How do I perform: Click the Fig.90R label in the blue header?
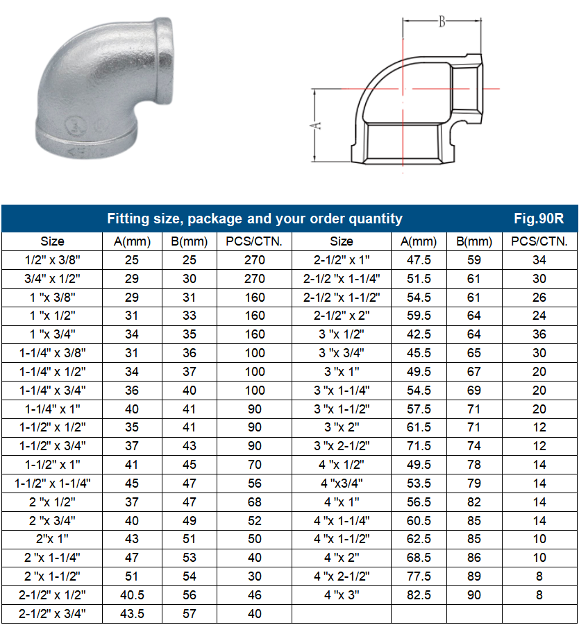click(538, 219)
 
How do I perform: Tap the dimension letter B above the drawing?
click(441, 22)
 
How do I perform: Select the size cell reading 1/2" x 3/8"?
click(52, 260)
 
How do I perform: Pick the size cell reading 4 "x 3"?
click(341, 594)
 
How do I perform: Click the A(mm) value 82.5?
click(419, 594)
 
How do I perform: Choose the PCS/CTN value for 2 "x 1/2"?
click(255, 502)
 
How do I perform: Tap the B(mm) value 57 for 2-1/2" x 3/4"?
click(189, 613)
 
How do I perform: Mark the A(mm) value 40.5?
click(131, 594)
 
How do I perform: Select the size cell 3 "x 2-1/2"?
click(341, 446)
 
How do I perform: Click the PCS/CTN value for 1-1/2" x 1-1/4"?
click(255, 483)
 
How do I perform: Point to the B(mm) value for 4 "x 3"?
click(474, 594)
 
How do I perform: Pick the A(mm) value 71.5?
click(419, 446)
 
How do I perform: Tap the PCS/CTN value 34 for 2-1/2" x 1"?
click(539, 260)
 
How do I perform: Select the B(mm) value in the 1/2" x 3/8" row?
click(189, 260)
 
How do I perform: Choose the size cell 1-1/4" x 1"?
click(52, 409)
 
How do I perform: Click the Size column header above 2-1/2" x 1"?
click(341, 241)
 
